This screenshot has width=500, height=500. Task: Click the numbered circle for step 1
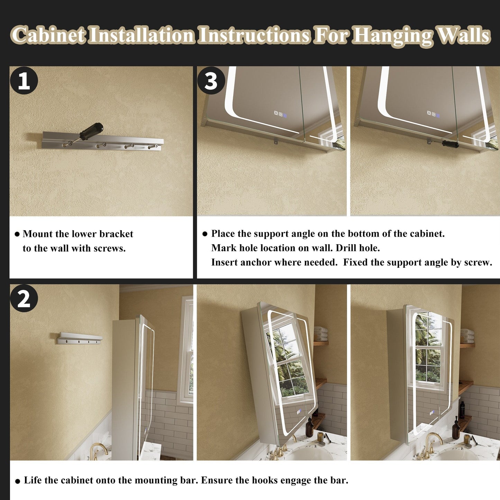(x=24, y=80)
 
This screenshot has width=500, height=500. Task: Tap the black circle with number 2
(x=24, y=298)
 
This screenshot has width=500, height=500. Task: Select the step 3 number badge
(x=211, y=80)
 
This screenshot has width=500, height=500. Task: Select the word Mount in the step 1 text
(x=37, y=234)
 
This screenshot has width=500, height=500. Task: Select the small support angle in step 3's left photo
(x=275, y=141)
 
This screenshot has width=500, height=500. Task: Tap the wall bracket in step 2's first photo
(x=80, y=338)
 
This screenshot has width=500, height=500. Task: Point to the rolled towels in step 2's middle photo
(x=321, y=334)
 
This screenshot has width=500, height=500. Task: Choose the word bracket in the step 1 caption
(x=116, y=234)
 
